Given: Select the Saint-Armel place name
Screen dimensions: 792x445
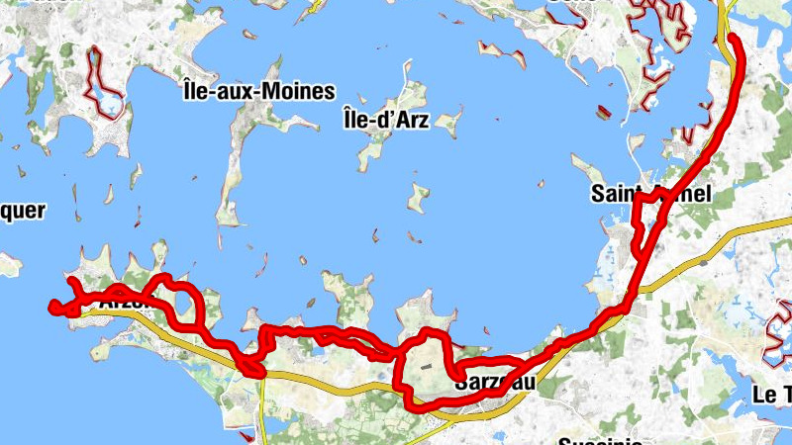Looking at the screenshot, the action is point(651,193).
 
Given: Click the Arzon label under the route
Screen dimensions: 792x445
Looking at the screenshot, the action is point(124,304).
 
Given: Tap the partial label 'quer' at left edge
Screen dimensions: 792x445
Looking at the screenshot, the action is point(22,210).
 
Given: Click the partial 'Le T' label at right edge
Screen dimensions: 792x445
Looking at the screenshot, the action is point(771,395).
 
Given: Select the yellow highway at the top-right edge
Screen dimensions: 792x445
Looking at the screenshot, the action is point(725,12).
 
